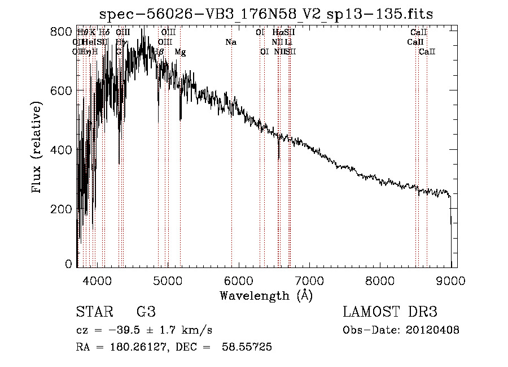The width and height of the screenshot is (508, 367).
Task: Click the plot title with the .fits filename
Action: pyautogui.click(x=266, y=14)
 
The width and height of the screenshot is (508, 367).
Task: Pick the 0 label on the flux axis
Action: pyautogui.click(x=69, y=264)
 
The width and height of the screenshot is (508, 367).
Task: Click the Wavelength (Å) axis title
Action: pyautogui.click(x=266, y=295)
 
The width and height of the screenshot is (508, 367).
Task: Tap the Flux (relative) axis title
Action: pyautogui.click(x=37, y=148)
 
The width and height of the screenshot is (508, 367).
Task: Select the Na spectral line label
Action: pyautogui.click(x=230, y=42)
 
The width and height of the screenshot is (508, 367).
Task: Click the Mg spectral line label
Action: pyautogui.click(x=180, y=52)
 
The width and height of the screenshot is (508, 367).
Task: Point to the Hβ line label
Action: pyautogui.click(x=159, y=52)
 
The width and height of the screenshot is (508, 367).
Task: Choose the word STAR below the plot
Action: pyautogui.click(x=91, y=313)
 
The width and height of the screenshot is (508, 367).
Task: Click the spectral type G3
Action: pyautogui.click(x=146, y=313)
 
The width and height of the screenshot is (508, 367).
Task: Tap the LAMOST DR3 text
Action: pyautogui.click(x=390, y=313)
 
